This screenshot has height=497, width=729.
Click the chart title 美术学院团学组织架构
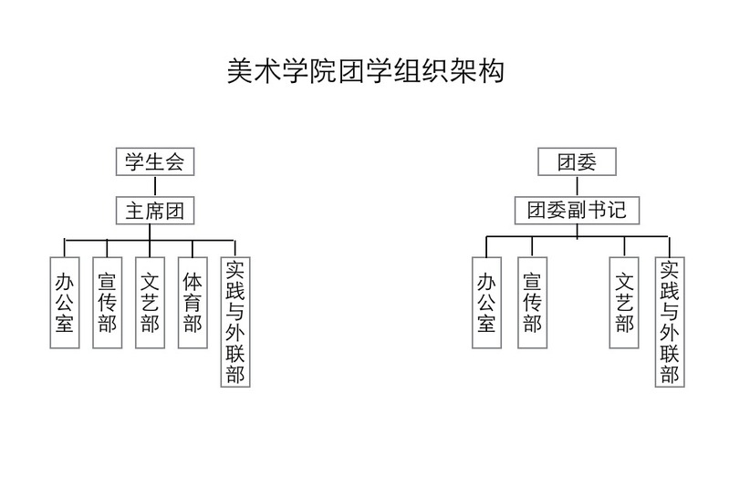tap(366, 71)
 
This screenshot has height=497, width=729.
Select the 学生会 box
tap(155, 161)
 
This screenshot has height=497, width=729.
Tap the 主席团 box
tap(155, 211)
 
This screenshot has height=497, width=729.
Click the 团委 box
tap(577, 161)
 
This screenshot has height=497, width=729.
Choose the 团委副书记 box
tap(577, 211)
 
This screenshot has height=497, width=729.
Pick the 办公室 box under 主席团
tap(65, 303)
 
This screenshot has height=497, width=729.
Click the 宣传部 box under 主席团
tap(108, 303)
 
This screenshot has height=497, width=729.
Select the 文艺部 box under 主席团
tap(151, 303)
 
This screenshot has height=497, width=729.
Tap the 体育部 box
tap(193, 303)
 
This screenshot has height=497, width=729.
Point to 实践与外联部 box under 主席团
tap(235, 322)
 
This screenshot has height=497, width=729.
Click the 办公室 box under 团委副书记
tap(487, 303)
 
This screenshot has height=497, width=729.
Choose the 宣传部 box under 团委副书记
tap(532, 303)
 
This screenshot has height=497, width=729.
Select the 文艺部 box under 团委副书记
tap(624, 303)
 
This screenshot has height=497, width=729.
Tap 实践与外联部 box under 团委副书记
tap(670, 322)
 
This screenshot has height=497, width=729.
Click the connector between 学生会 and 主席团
tap(155, 186)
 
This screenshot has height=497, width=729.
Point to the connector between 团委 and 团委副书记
tap(577, 186)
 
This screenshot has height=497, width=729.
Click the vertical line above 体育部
tap(193, 248)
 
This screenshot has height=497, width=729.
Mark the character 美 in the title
tap(240, 71)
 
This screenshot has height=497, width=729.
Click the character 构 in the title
tap(491, 71)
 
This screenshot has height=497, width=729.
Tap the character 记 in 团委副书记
tap(617, 210)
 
